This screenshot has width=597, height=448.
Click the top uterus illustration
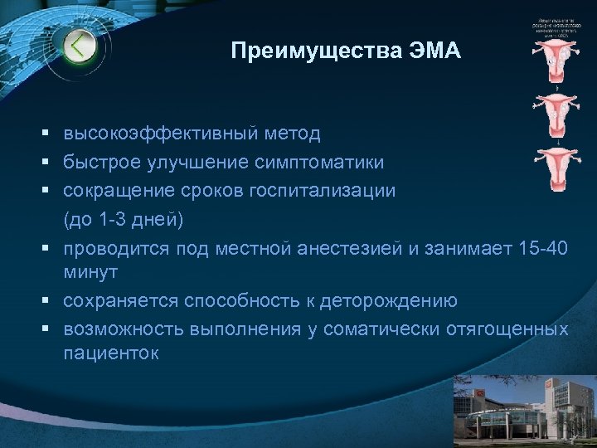coord(552,61)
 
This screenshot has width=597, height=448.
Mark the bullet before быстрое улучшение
coord(51,161)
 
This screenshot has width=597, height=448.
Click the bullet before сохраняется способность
coord(51,301)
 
